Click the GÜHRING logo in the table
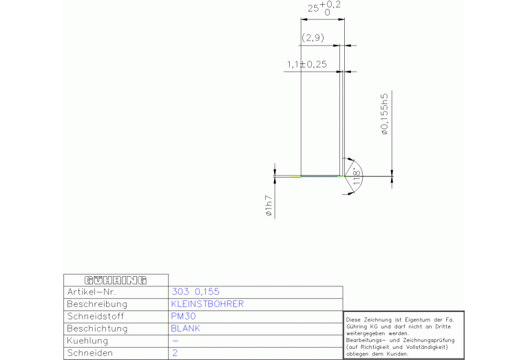[x=116, y=280]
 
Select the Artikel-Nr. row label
[x=92, y=292]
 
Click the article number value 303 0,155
[x=196, y=292]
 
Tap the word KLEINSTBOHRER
[x=207, y=304]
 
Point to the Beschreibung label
[x=97, y=304]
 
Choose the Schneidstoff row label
[x=95, y=316]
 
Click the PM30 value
[x=183, y=316]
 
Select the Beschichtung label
[x=97, y=328]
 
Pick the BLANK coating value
[x=186, y=328]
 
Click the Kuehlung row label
[x=87, y=341]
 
